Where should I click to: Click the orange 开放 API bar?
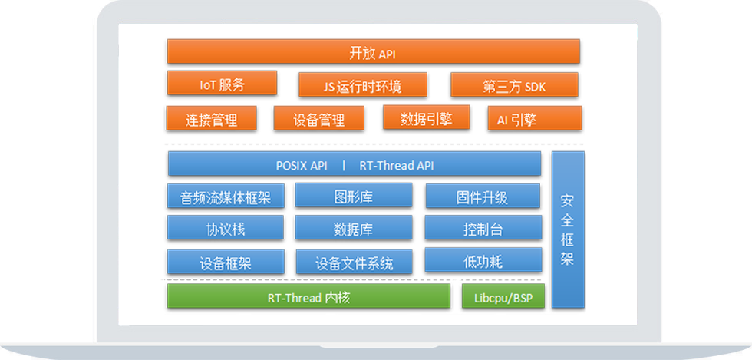click(373, 52)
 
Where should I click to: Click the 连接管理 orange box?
click(211, 119)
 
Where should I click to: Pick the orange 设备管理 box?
click(318, 119)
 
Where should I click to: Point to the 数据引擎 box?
click(426, 118)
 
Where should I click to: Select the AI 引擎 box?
click(534, 119)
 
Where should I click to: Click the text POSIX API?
click(302, 165)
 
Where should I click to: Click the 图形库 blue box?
click(354, 197)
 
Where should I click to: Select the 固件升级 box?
click(483, 197)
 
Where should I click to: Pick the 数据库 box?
click(354, 229)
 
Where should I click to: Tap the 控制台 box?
click(483, 229)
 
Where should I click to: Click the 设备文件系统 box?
click(354, 263)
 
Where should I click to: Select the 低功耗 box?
click(483, 261)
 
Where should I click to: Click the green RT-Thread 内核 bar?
click(308, 297)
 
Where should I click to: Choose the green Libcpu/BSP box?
click(503, 297)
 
